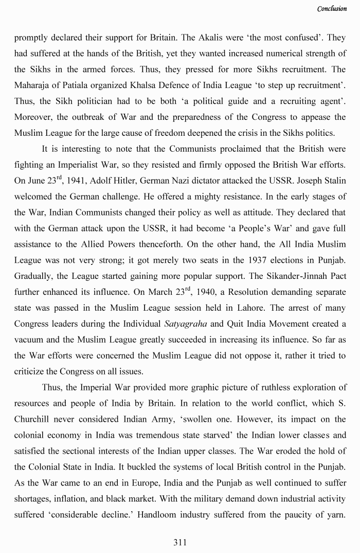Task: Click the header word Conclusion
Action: pyautogui.click(x=332, y=9)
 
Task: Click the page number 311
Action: pyautogui.click(x=180, y=542)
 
